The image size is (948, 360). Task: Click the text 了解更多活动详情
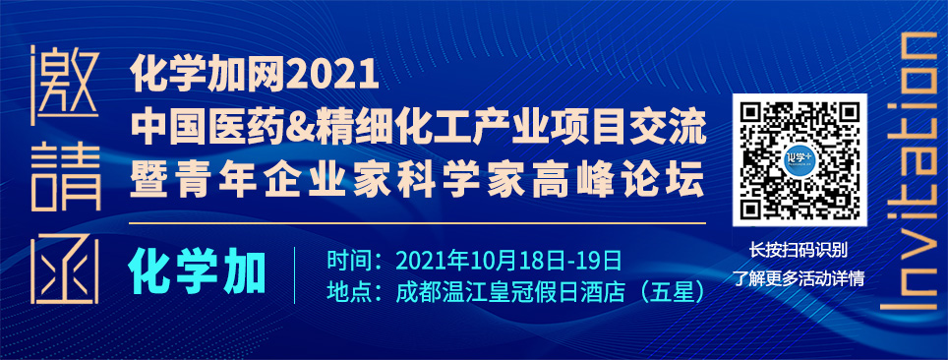point(799,277)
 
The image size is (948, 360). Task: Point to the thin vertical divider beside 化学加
point(294,275)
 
